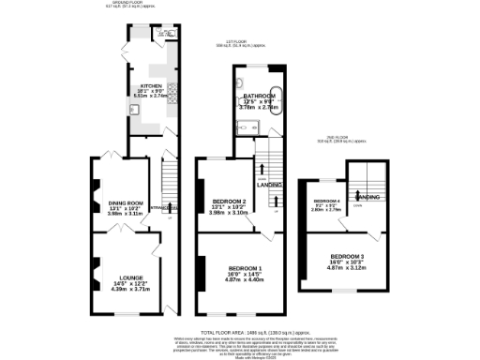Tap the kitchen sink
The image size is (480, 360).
click(135, 109)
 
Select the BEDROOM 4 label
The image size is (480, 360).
click(325, 202)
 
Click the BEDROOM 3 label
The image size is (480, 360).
click(349, 256)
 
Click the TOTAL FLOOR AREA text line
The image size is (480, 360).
click(239, 332)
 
